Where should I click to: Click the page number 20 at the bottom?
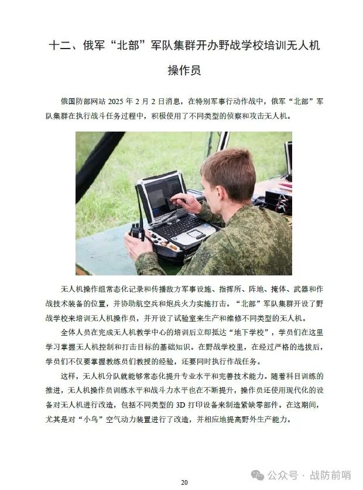184,482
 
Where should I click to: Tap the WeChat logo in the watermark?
258,475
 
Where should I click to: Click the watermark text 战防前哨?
330,475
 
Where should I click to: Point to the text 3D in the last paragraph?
180,405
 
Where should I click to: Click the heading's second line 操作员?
184,70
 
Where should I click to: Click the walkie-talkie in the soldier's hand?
137,232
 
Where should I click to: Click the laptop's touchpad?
196,233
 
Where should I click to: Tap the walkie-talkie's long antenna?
139,205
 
